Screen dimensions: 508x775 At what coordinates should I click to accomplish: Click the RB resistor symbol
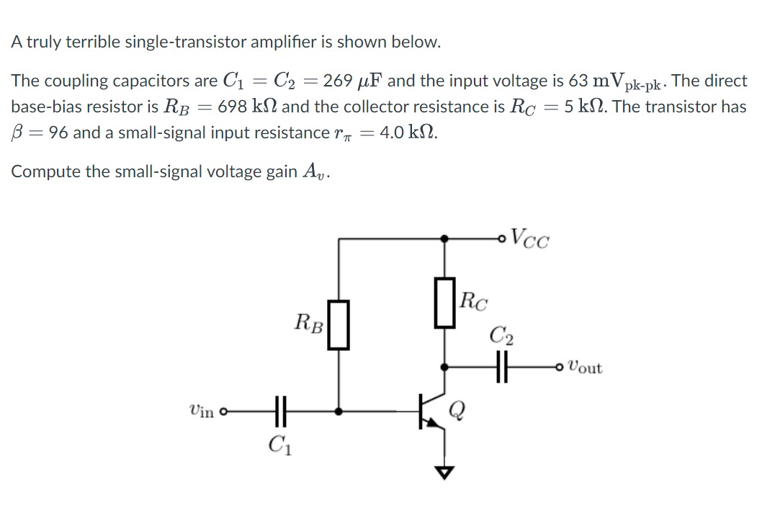(339, 325)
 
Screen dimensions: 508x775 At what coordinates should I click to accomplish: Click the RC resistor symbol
(447, 303)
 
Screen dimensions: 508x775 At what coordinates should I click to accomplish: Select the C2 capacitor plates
(501, 367)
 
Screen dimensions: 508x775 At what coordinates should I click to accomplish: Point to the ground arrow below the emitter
(447, 473)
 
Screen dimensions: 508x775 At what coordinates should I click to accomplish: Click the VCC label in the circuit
(529, 238)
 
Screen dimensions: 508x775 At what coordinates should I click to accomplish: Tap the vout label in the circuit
(585, 367)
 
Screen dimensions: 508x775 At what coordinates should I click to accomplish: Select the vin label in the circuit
(201, 411)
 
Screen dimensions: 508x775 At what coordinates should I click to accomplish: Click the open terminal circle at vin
(223, 413)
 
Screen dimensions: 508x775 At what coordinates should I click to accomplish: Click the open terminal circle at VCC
(501, 237)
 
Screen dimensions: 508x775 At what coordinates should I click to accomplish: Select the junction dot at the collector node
(447, 367)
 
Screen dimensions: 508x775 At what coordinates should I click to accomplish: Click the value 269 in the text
(338, 81)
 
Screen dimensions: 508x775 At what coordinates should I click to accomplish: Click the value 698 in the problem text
(232, 107)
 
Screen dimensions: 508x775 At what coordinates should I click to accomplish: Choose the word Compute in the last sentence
(42, 171)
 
